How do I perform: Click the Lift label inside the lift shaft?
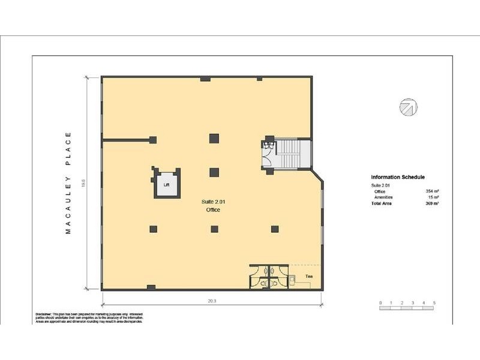pyautogui.click(x=167, y=185)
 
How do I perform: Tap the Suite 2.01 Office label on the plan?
pyautogui.click(x=213, y=206)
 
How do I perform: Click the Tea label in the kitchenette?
pyautogui.click(x=309, y=276)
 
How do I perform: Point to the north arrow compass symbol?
pyautogui.click(x=408, y=107)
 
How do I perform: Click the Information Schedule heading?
pyautogui.click(x=398, y=178)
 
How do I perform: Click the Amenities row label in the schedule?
pyautogui.click(x=384, y=197)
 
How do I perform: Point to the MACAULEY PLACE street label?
pyautogui.click(x=68, y=182)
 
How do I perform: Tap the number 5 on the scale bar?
pyautogui.click(x=434, y=302)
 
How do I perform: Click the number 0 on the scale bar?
pyautogui.click(x=380, y=302)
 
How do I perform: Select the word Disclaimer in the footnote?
pyautogui.click(x=43, y=314)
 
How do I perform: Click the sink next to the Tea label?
pyautogui.click(x=293, y=278)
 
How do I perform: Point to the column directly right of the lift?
pyautogui.click(x=214, y=172)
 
